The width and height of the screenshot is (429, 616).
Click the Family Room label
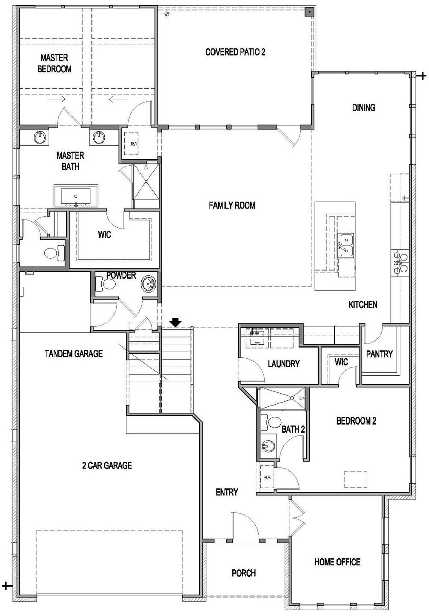(x=232, y=205)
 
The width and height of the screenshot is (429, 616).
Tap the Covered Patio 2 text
(x=235, y=52)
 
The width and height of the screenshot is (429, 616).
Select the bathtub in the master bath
(x=76, y=196)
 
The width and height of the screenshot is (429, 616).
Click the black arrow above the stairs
(x=175, y=322)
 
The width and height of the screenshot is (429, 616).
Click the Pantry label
(x=379, y=354)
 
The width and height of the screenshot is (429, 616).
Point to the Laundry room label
(x=284, y=364)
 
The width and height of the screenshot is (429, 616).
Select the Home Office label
(x=337, y=562)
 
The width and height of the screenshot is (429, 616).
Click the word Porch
(x=244, y=573)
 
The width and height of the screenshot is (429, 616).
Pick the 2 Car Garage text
(x=107, y=465)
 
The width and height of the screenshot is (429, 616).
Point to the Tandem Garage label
(x=73, y=353)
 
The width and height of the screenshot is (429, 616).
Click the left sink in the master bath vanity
(x=40, y=137)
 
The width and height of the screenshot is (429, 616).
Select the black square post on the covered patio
(x=309, y=12)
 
